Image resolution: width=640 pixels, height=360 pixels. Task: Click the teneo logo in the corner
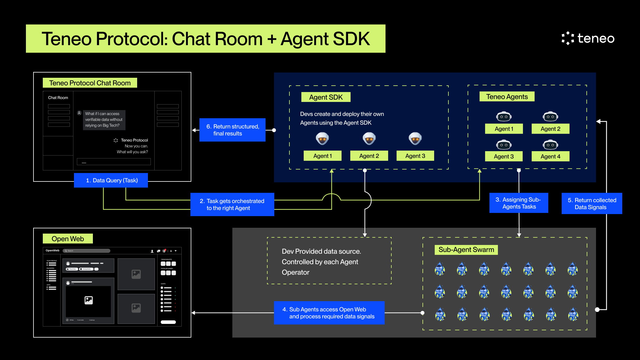tap(588, 38)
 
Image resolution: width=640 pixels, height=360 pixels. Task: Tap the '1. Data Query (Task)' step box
tap(111, 180)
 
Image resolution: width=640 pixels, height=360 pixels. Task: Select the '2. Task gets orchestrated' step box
tap(232, 204)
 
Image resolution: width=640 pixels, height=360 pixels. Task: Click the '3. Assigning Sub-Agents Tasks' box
tap(519, 203)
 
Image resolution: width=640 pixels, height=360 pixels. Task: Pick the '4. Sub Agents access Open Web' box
tap(329, 313)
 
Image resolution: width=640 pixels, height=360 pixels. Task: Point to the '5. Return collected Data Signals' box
tap(592, 204)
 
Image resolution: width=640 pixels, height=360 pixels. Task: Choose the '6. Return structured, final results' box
tap(232, 130)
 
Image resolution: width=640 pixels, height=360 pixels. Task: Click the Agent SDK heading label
tap(326, 97)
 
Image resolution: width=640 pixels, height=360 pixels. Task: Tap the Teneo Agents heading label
tap(507, 97)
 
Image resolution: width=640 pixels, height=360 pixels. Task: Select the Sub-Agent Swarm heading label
tap(466, 250)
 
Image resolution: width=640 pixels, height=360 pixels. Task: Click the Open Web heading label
tap(68, 239)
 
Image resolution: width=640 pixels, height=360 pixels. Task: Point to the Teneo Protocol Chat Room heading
tap(90, 83)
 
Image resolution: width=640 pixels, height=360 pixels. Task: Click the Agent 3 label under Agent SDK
tap(415, 156)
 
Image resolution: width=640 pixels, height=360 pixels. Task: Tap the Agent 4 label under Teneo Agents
tap(550, 156)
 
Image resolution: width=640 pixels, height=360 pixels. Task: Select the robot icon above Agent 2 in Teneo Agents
tap(550, 117)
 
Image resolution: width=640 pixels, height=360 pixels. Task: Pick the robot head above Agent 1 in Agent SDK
tap(322, 139)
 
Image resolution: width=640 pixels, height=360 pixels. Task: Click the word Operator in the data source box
tap(296, 272)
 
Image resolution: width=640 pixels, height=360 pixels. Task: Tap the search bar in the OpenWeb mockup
tap(86, 251)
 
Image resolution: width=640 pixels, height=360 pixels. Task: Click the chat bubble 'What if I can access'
tap(104, 120)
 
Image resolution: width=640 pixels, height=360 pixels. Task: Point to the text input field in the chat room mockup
tap(114, 162)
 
